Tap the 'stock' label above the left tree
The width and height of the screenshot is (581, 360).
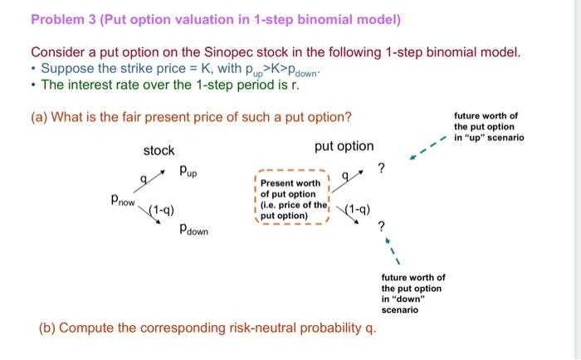[x=159, y=150]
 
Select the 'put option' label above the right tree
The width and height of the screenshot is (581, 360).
[x=344, y=146]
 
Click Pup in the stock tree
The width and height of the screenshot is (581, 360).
[x=190, y=172]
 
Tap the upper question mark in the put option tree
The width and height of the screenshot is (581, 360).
[x=381, y=169]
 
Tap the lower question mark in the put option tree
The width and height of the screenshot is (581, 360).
[x=381, y=226]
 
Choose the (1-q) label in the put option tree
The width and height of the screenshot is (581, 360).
[x=356, y=209]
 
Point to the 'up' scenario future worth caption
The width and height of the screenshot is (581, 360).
[x=488, y=127]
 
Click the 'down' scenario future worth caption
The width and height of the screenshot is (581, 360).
[x=413, y=294]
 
